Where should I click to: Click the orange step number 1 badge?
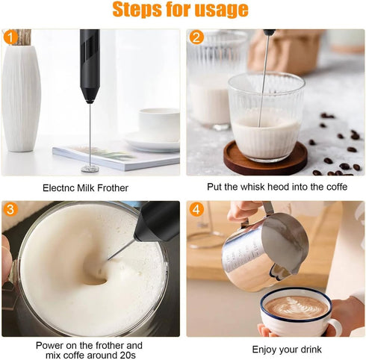pyautogui.click(x=10, y=37)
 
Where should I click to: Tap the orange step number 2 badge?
pyautogui.click(x=196, y=37)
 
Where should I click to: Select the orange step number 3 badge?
pyautogui.click(x=10, y=210)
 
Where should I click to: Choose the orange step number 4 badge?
pyautogui.click(x=196, y=210)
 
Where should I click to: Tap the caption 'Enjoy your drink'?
pyautogui.click(x=275, y=350)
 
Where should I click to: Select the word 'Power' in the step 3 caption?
pyautogui.click(x=50, y=345)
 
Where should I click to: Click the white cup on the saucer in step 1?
pyautogui.click(x=158, y=123)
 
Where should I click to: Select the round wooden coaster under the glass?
pyautogui.click(x=265, y=159)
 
